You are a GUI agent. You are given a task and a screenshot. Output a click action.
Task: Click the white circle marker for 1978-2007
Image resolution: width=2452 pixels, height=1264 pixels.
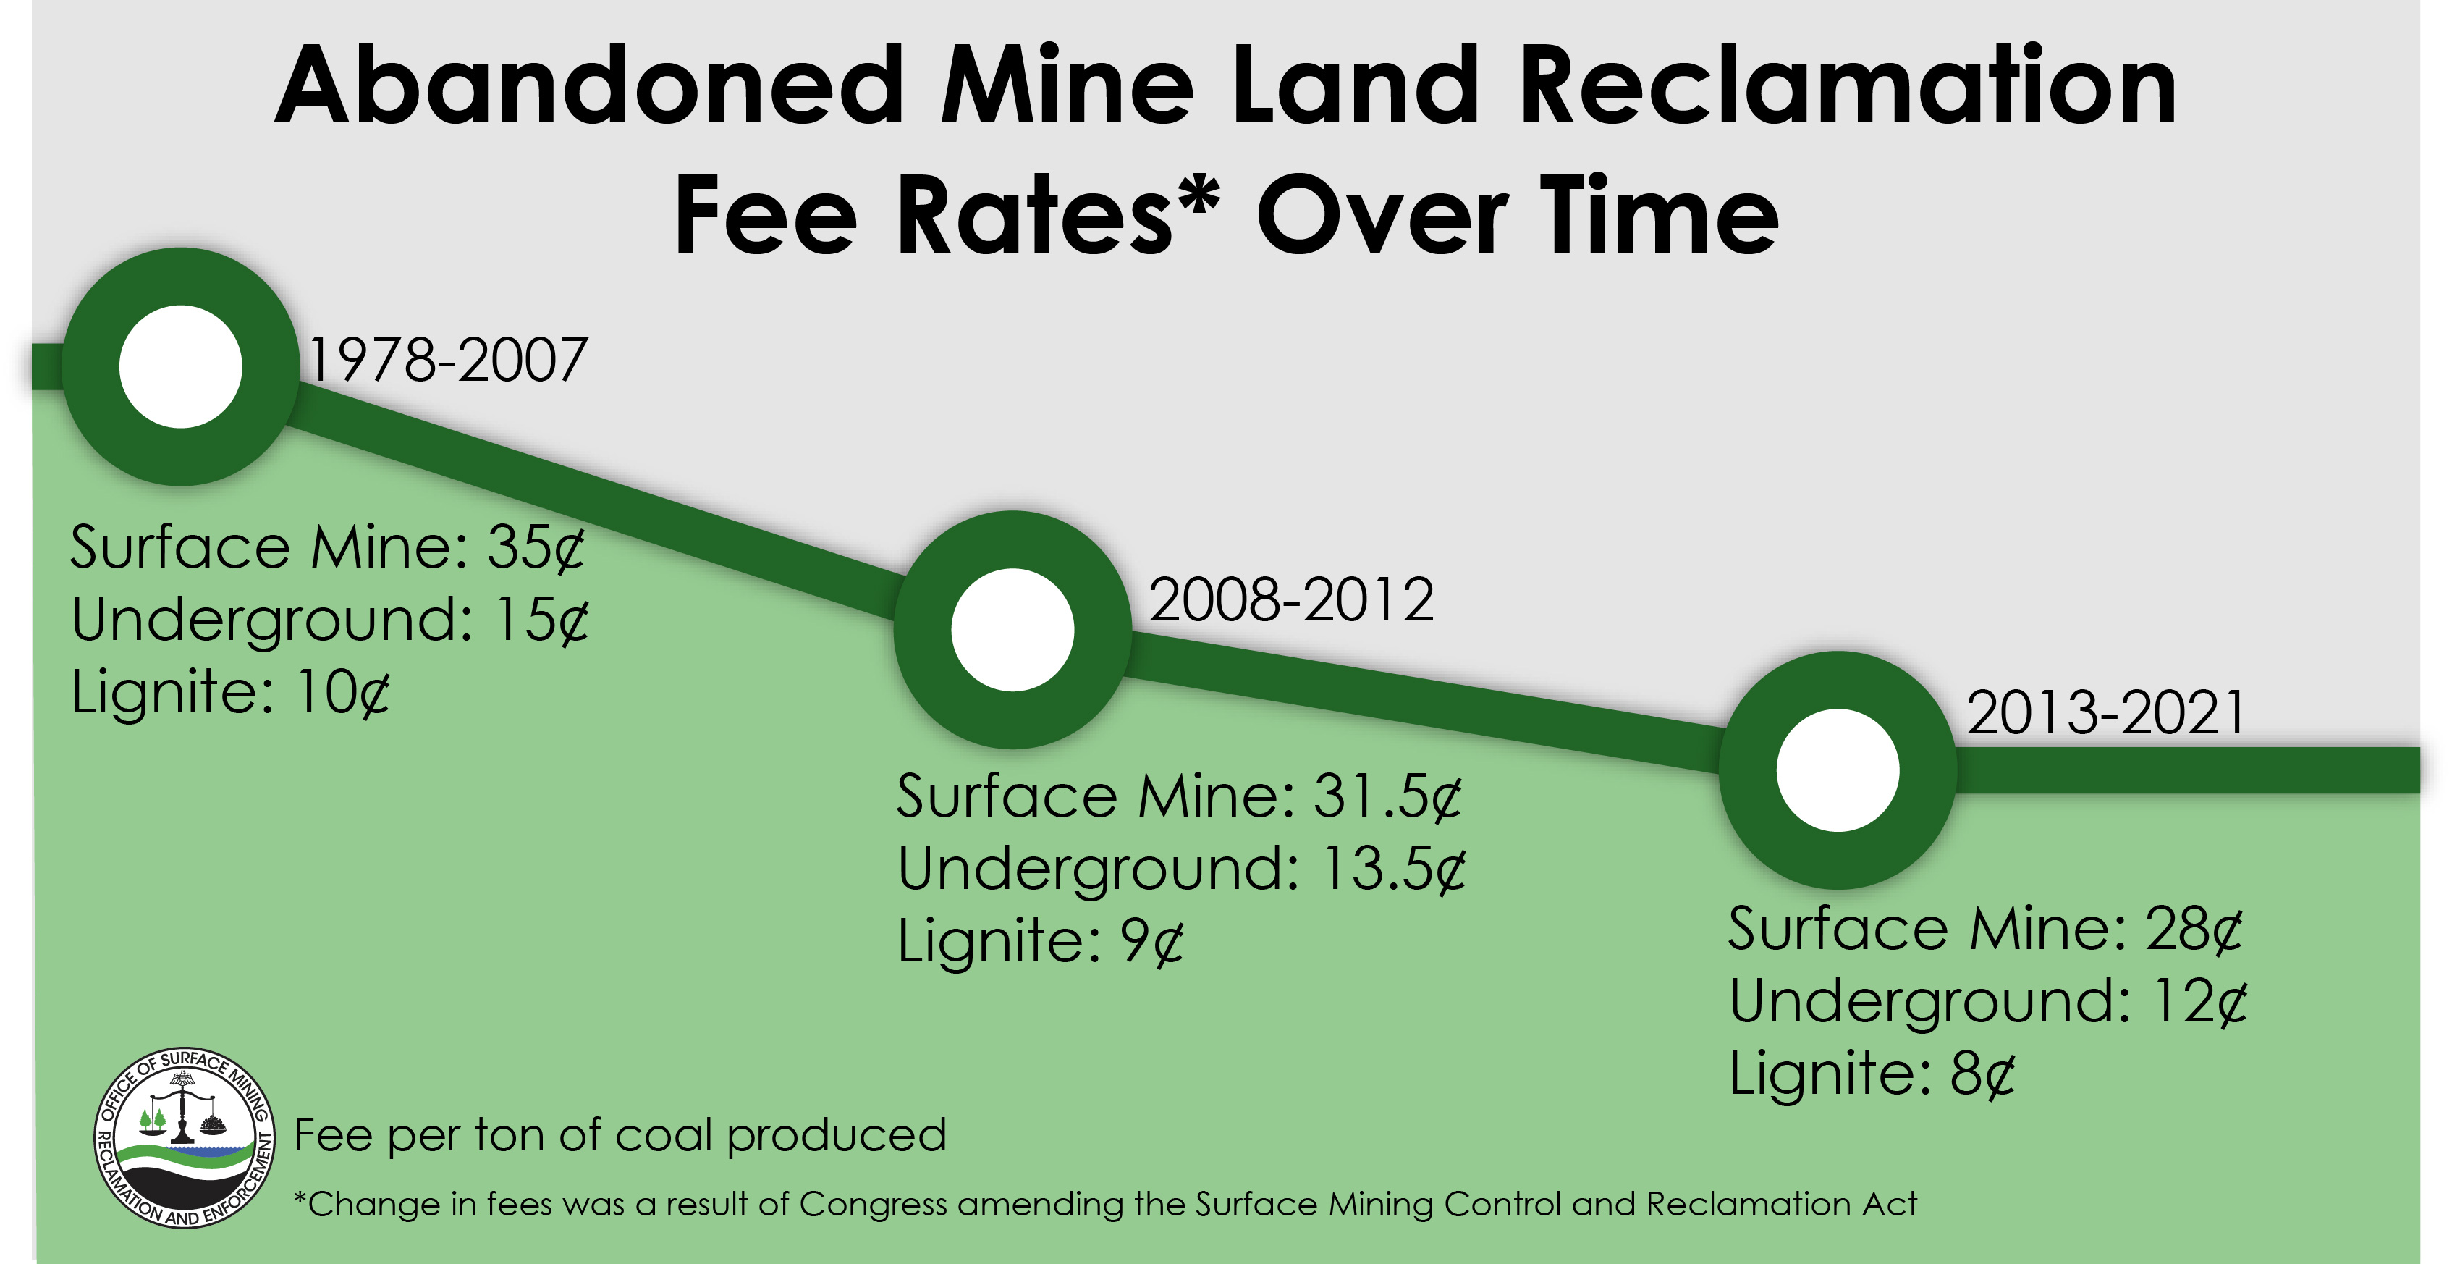[x=181, y=366]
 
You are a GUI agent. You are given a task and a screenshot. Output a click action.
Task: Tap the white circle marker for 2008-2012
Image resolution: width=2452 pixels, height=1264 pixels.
[x=1012, y=629]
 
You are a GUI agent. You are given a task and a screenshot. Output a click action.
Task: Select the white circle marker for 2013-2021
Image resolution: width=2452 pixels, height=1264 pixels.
[x=1837, y=770]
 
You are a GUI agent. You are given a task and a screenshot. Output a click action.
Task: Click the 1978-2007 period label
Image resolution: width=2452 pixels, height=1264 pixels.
[x=447, y=361]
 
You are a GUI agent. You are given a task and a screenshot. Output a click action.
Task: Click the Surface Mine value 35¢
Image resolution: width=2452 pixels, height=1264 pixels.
[x=536, y=548]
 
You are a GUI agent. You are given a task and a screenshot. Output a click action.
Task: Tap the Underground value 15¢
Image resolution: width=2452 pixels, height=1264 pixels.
[x=541, y=620]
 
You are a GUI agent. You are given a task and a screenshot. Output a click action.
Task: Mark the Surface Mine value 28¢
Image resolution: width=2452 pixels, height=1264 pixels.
[x=2193, y=930]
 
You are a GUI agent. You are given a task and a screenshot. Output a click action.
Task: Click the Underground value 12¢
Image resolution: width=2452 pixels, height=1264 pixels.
[x=2199, y=1002]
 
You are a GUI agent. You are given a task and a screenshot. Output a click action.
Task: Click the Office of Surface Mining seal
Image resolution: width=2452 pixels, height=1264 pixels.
[x=185, y=1138]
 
